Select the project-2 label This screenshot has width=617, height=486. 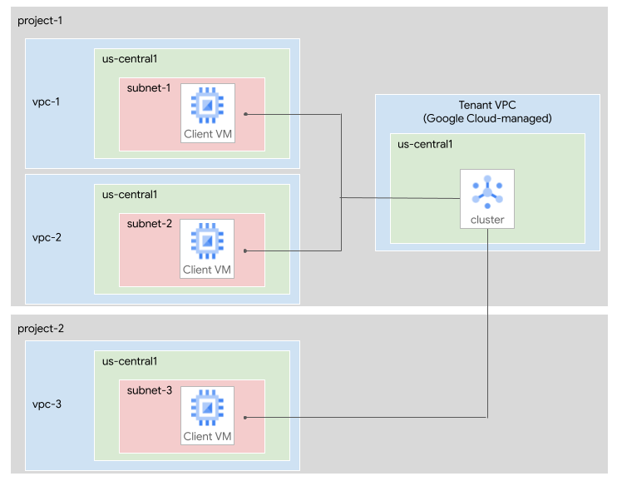tap(40, 329)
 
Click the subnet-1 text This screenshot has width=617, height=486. tap(148, 88)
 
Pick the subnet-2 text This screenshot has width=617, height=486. tap(148, 223)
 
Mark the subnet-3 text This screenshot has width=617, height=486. tap(148, 390)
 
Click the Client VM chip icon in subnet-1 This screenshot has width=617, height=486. tap(207, 105)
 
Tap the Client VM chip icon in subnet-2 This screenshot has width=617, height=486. tap(207, 241)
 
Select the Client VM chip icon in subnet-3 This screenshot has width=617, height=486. tap(207, 408)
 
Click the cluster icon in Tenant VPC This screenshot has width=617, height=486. tap(486, 191)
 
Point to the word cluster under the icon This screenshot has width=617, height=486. tap(486, 221)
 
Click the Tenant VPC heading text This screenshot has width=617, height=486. tap(486, 106)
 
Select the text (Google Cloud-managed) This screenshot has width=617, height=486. tap(486, 119)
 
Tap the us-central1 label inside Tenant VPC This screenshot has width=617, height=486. tap(426, 144)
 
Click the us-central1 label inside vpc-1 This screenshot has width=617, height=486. tap(130, 59)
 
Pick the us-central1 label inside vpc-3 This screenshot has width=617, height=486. tap(130, 361)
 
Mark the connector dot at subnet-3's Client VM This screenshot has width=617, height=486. tap(246, 418)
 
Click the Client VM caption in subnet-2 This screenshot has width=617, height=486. tap(208, 269)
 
